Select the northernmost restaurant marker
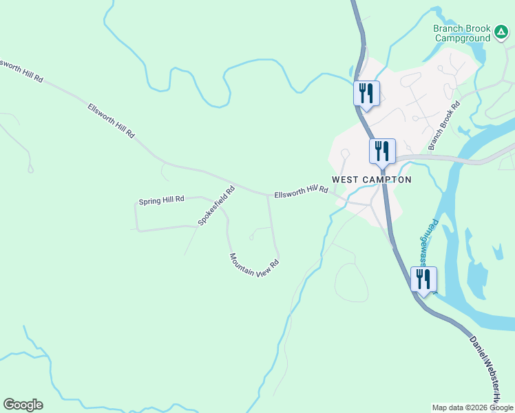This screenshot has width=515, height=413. point(366,94)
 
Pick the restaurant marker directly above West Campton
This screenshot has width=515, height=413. point(382,151)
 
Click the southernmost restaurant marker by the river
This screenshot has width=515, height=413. point(423,279)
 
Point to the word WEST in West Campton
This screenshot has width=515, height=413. point(346,180)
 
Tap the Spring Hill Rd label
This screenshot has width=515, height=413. point(162,200)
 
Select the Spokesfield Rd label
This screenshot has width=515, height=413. point(216,204)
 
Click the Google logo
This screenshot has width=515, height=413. point(23,405)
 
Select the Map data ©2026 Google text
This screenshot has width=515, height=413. point(473,407)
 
